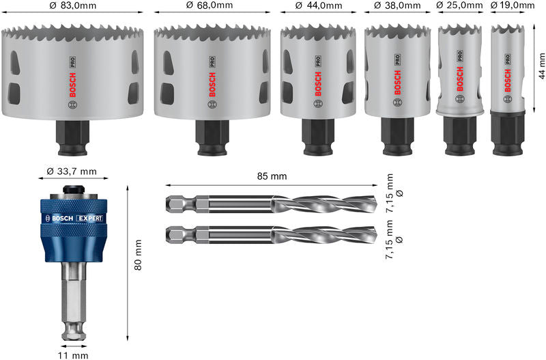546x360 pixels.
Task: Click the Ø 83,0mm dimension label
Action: tap(72, 6)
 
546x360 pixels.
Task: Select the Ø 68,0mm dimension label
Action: tap(209, 6)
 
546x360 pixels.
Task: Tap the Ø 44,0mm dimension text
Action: tap(318, 6)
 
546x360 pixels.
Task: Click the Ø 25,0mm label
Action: tap(460, 6)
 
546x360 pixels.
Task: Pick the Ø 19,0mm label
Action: tap(513, 6)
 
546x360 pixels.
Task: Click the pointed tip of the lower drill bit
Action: tap(373, 236)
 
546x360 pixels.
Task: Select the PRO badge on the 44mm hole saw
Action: tap(318, 60)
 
